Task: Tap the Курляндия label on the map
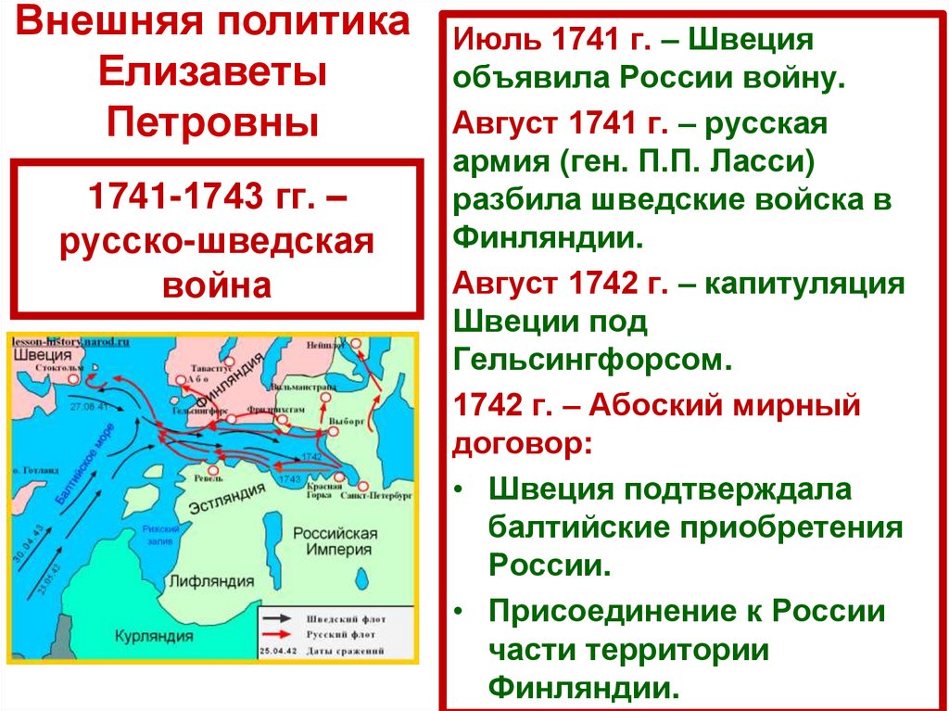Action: tap(153, 637)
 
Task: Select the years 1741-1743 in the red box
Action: tap(162, 197)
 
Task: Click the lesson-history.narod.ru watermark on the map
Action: tap(70, 341)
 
